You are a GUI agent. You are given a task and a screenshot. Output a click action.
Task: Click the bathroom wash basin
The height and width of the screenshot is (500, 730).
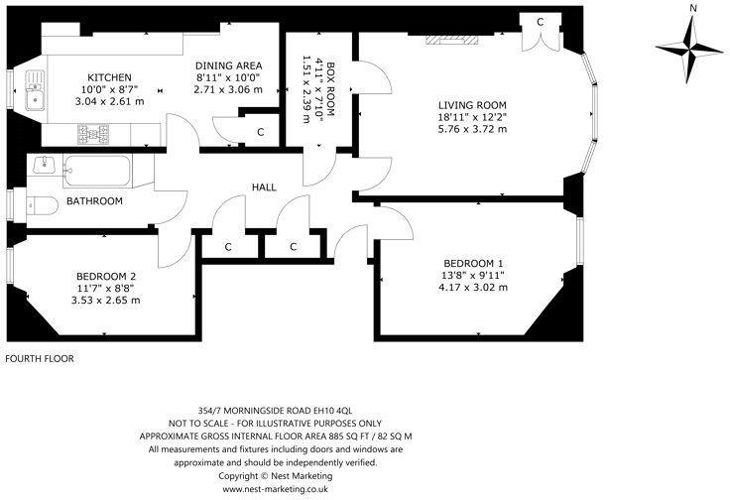(x=43, y=165)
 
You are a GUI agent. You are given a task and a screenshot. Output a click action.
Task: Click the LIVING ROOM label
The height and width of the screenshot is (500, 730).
(x=473, y=104)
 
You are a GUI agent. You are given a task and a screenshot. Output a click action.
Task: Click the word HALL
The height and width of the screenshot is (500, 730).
(x=264, y=187)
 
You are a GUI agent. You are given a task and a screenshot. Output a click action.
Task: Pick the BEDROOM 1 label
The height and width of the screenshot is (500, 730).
(x=474, y=264)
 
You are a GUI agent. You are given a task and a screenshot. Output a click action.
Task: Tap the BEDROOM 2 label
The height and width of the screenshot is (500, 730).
(x=105, y=276)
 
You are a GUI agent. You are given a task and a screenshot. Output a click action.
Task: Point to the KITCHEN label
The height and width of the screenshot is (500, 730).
(x=110, y=77)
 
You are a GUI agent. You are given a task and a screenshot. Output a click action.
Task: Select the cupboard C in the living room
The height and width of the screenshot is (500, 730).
(x=541, y=22)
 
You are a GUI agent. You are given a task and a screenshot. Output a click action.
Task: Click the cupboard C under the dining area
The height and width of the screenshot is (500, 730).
(x=261, y=132)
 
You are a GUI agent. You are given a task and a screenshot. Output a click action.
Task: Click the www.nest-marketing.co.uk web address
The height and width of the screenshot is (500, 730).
(x=276, y=489)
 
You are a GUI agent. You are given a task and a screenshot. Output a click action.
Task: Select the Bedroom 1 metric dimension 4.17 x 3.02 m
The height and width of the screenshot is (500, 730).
(x=474, y=288)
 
